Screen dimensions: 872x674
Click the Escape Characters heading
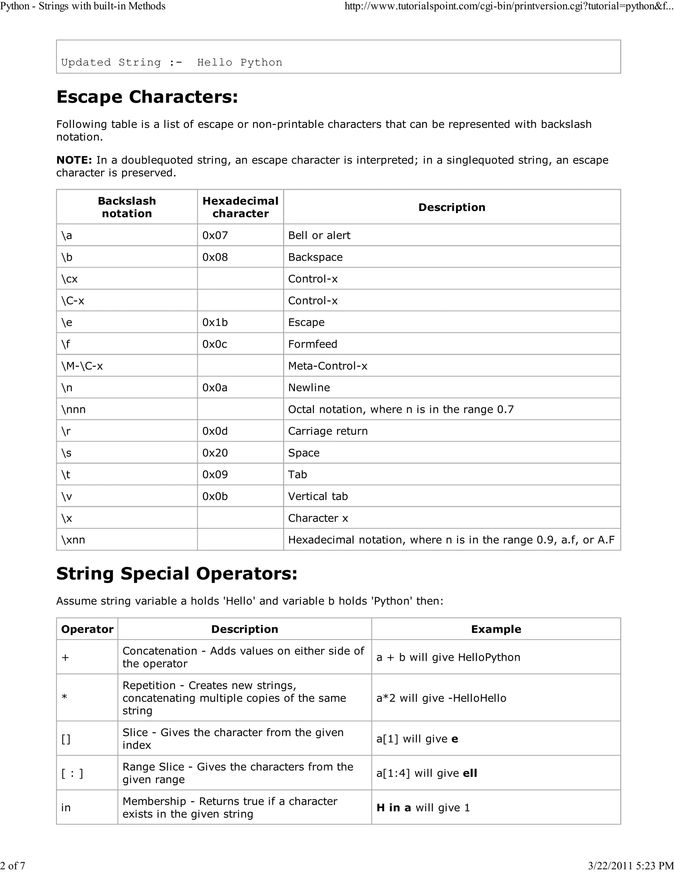point(147,97)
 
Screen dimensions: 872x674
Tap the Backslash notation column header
point(127,207)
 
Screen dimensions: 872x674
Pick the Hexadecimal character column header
point(240,207)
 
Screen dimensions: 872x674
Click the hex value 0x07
point(215,235)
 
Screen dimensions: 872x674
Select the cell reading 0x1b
point(215,322)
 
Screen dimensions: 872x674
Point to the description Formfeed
point(313,344)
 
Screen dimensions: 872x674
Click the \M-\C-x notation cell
point(82,366)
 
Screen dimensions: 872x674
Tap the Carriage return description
point(328,431)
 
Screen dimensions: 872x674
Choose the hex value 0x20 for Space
point(215,453)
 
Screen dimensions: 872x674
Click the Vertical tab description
point(318,496)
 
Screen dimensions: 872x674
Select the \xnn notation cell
point(73,540)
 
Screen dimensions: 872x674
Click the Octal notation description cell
point(401,409)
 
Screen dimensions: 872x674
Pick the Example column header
point(496,629)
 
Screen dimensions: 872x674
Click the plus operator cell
point(65,657)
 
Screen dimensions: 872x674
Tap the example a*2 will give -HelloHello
point(441,698)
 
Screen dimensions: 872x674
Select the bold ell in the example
point(470,773)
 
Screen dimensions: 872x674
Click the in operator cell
point(66,807)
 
